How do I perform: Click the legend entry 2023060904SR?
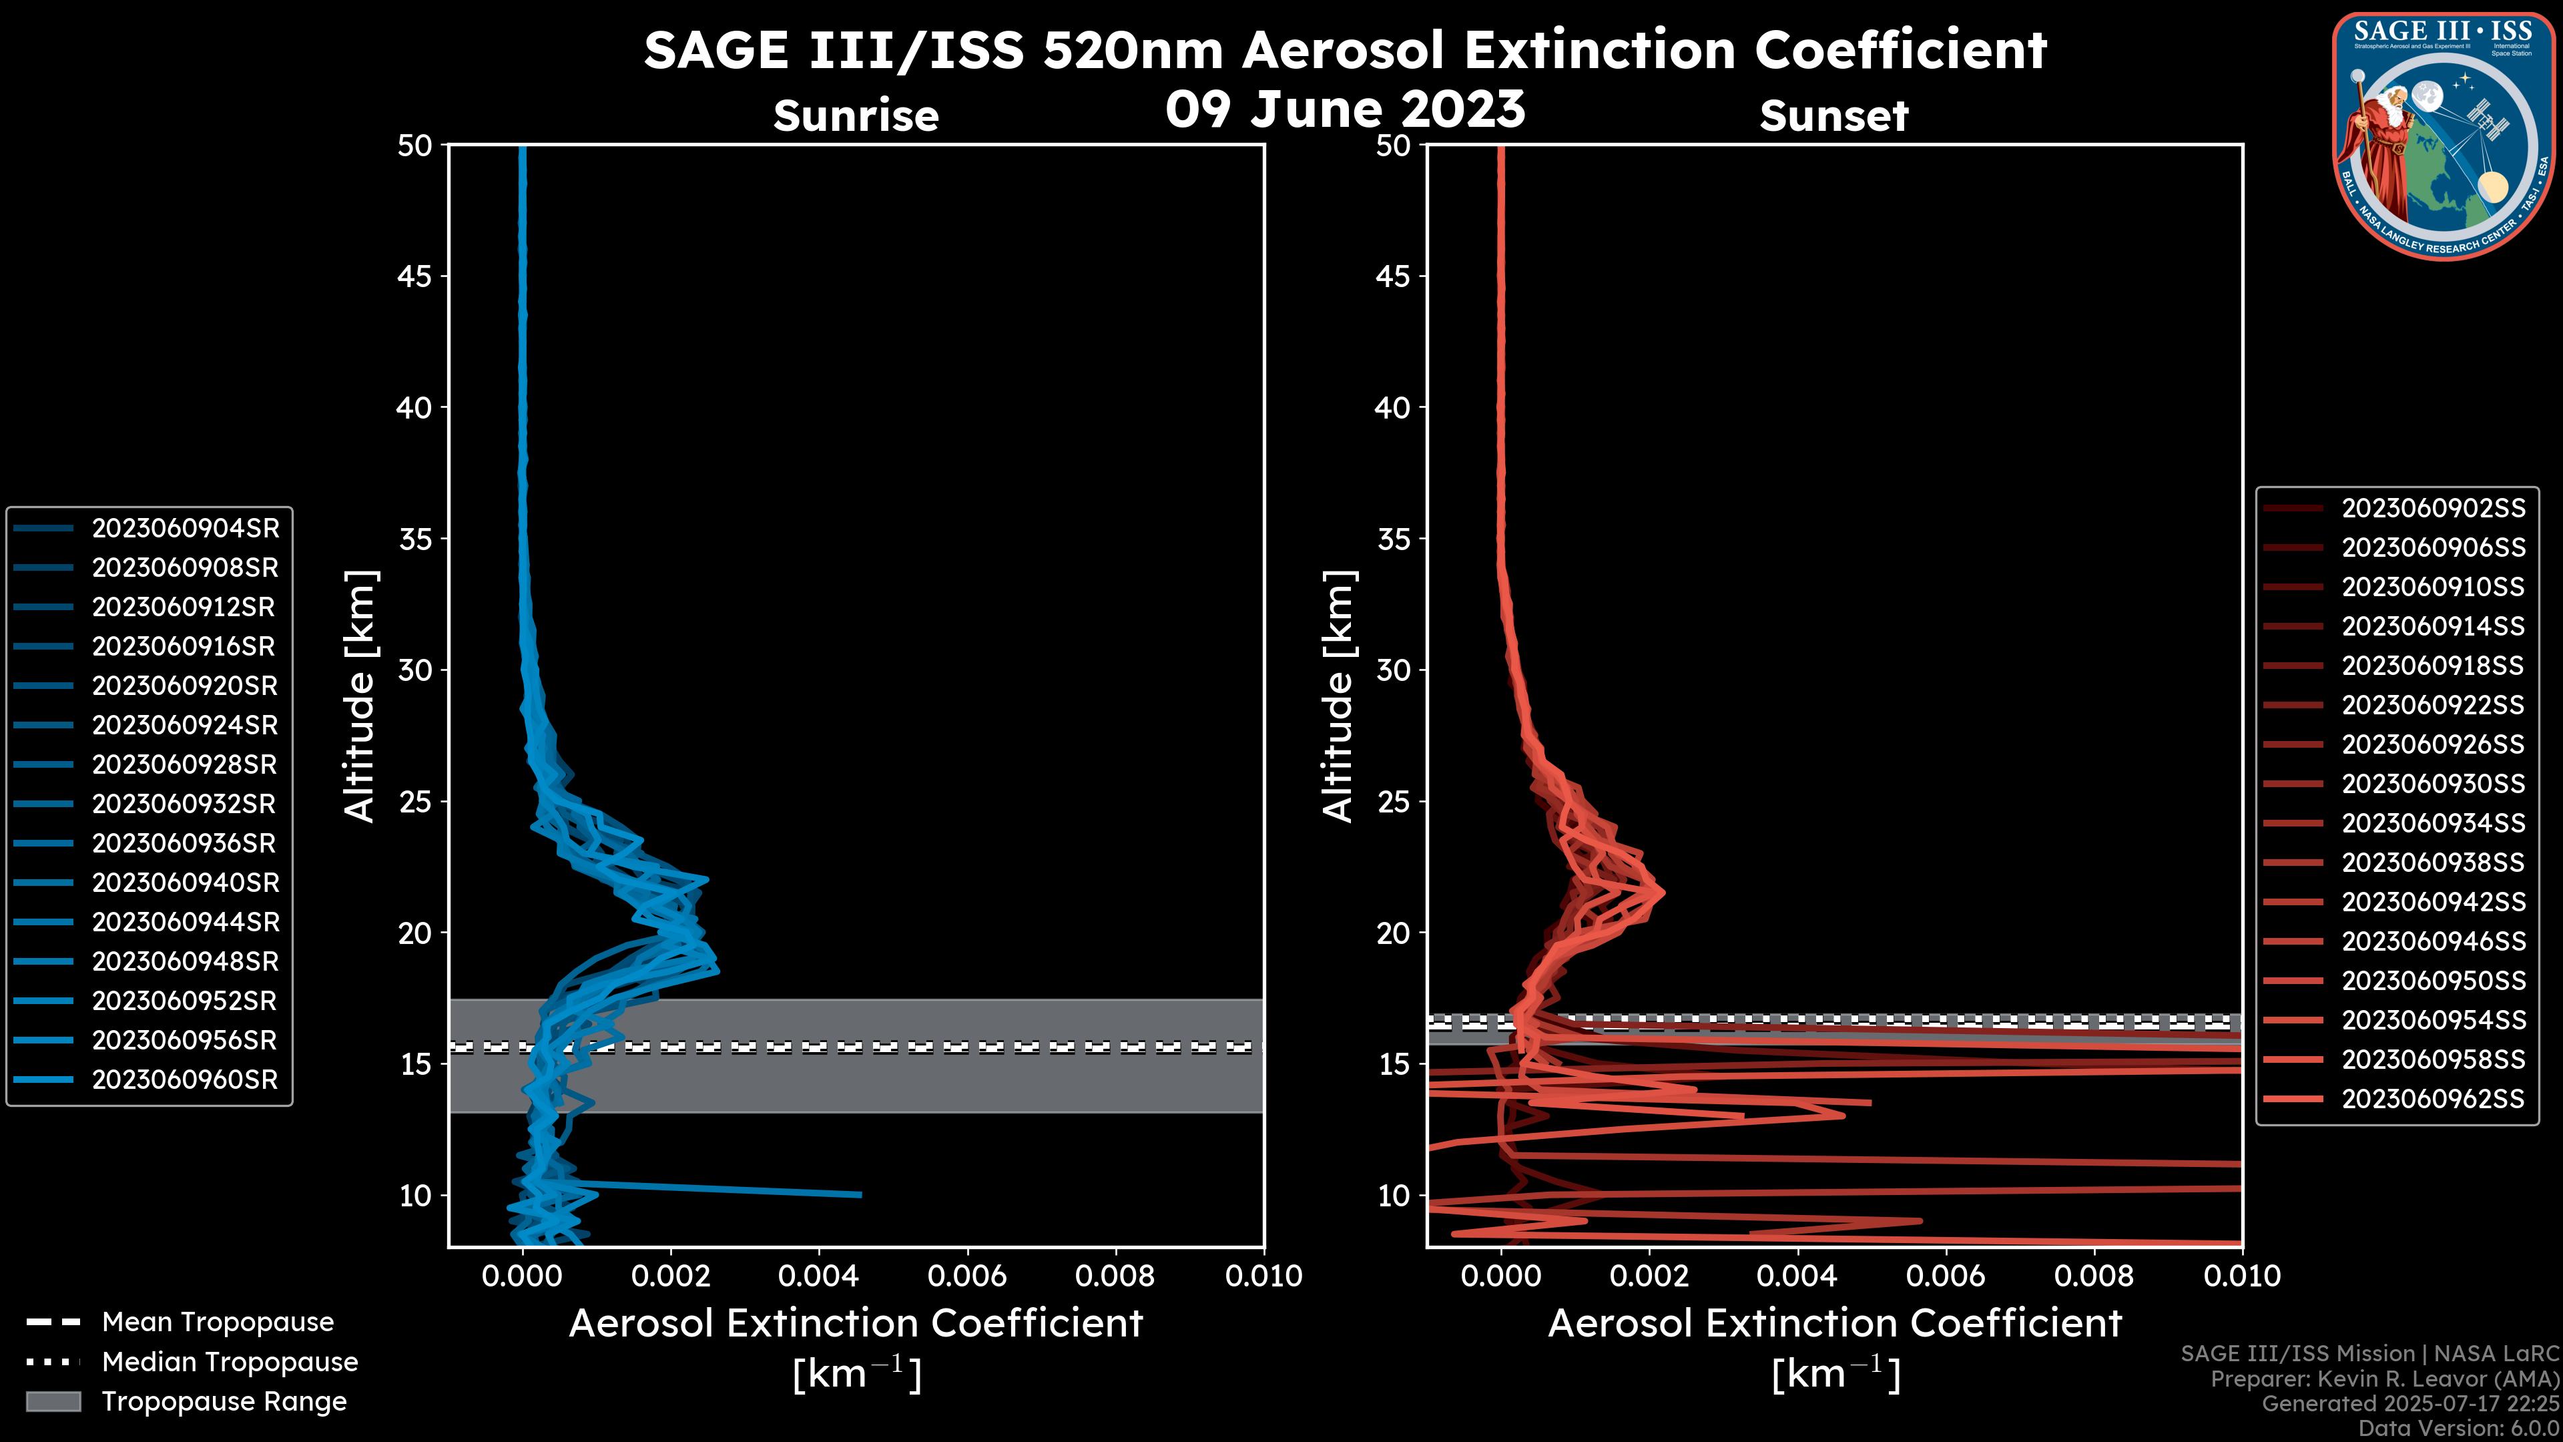click(185, 529)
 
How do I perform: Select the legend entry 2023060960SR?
click(185, 1079)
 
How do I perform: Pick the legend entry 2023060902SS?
click(2433, 509)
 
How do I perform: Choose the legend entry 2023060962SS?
click(2433, 1099)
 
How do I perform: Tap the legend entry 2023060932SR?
click(185, 804)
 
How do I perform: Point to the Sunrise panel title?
click(856, 116)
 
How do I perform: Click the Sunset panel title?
click(1833, 116)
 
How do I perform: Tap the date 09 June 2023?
click(1345, 109)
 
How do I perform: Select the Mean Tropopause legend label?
click(218, 1323)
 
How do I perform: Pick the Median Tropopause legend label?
click(230, 1363)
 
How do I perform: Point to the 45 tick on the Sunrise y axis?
click(415, 276)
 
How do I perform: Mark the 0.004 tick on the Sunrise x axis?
click(819, 1276)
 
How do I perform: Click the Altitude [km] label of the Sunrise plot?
click(360, 696)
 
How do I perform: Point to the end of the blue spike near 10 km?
click(860, 1194)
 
